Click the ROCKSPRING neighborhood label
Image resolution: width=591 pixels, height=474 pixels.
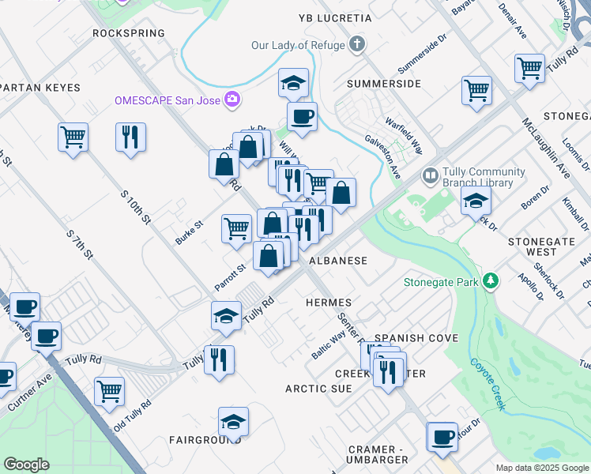pyautogui.click(x=129, y=33)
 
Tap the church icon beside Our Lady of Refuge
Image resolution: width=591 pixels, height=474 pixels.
pyautogui.click(x=358, y=45)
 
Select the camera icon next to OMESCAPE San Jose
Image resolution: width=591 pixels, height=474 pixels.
pyautogui.click(x=232, y=100)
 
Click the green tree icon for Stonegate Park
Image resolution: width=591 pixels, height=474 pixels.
pyautogui.click(x=491, y=280)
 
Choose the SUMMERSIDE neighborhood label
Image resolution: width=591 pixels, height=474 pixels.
pyautogui.click(x=383, y=83)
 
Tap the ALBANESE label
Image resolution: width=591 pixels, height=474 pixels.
pyautogui.click(x=337, y=260)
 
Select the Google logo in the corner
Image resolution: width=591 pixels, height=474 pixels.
pyautogui.click(x=26, y=465)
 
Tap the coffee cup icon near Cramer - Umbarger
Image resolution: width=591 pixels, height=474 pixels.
pyautogui.click(x=442, y=436)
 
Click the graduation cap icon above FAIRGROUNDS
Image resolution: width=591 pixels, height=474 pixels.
pyautogui.click(x=233, y=422)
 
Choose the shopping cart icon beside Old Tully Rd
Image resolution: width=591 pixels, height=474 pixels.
pyautogui.click(x=109, y=390)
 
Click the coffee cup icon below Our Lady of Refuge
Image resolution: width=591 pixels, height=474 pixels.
pyautogui.click(x=302, y=117)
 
